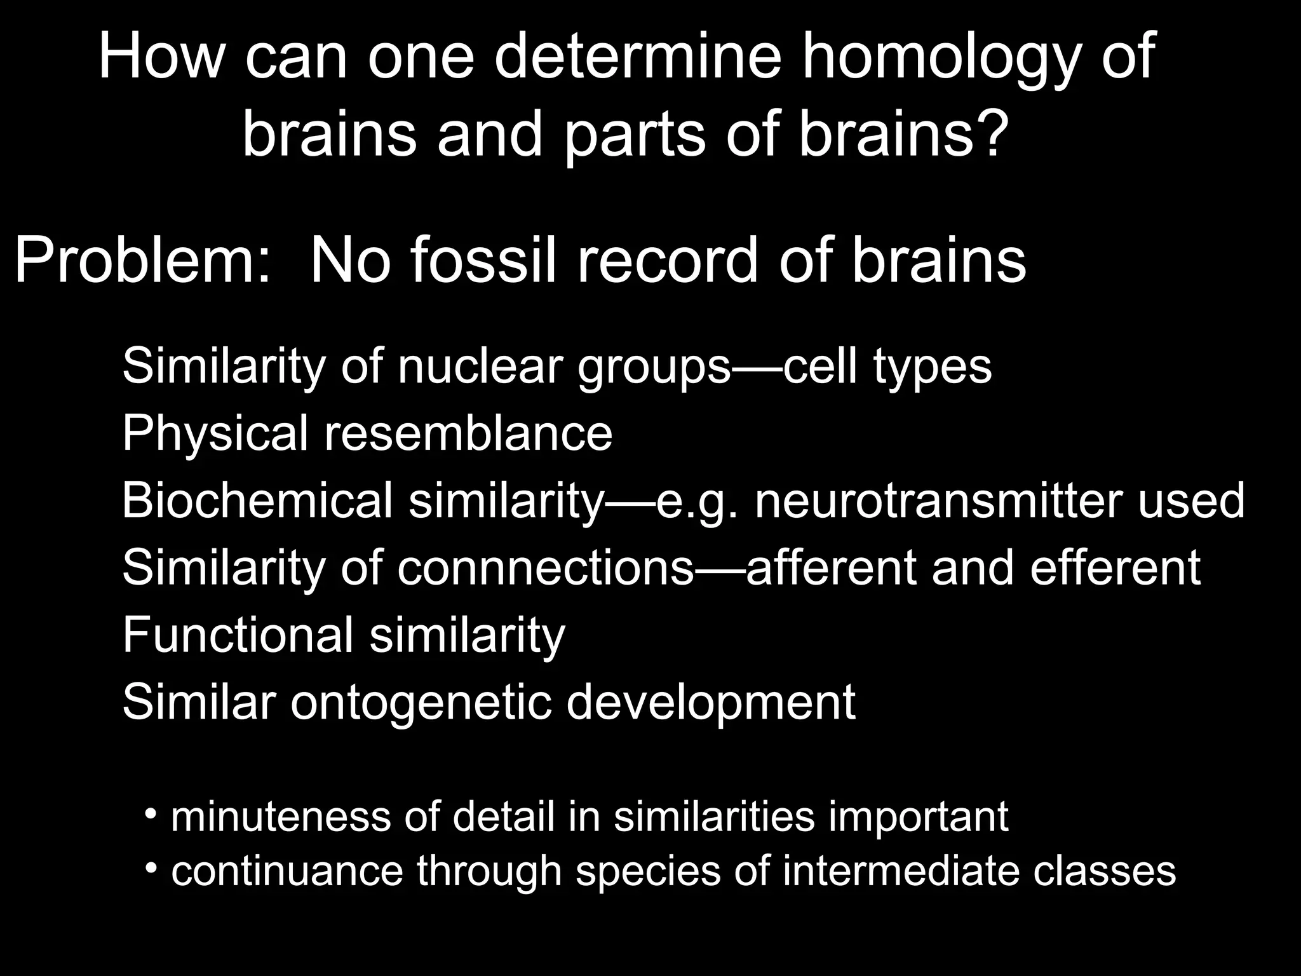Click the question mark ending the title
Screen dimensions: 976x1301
coord(988,133)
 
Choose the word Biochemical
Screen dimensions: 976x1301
coord(257,500)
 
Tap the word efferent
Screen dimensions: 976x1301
coord(1115,567)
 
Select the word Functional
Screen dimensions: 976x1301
coord(238,634)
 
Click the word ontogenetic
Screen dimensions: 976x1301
coord(421,701)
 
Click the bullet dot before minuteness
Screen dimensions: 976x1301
coord(151,814)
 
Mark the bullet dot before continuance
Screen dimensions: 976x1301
coord(151,868)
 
